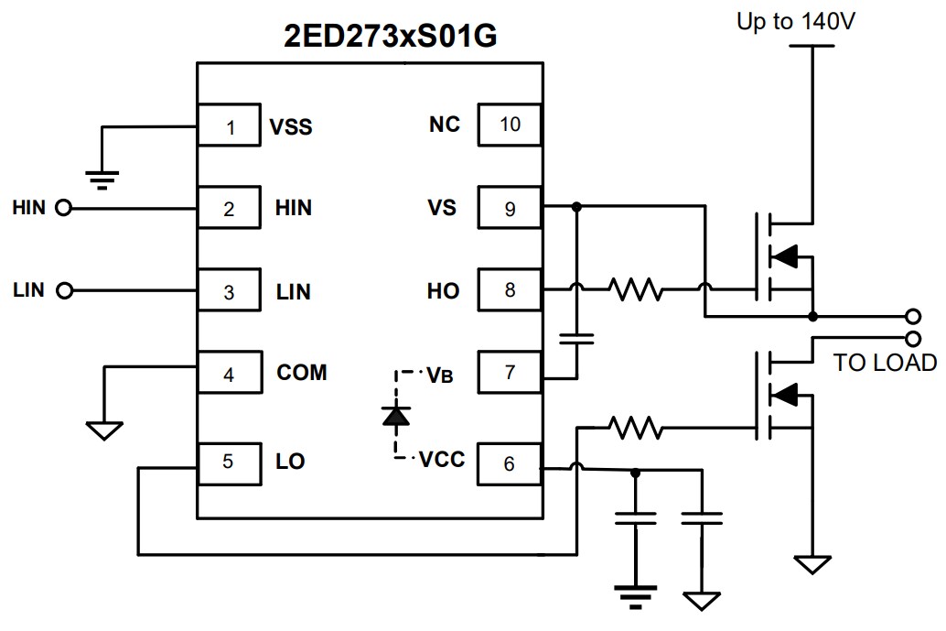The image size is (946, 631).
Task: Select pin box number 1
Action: pyautogui.click(x=230, y=127)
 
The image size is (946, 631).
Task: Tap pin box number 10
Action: pyautogui.click(x=510, y=124)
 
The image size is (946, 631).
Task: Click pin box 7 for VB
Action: pyautogui.click(x=510, y=372)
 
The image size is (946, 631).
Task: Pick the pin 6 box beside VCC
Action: pyautogui.click(x=510, y=464)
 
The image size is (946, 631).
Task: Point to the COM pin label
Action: pyautogui.click(x=302, y=373)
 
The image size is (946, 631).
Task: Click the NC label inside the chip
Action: pyautogui.click(x=445, y=124)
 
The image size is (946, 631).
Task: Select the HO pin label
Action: pyautogui.click(x=444, y=291)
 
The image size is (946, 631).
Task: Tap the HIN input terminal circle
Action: pyautogui.click(x=63, y=209)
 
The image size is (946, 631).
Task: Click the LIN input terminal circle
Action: pyautogui.click(x=63, y=291)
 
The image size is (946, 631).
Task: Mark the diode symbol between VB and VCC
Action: pyautogui.click(x=396, y=416)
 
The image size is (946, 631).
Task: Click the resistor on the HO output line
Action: pyautogui.click(x=638, y=291)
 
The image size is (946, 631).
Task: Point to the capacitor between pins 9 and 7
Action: pyautogui.click(x=576, y=339)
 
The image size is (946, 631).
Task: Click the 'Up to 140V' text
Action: pyautogui.click(x=796, y=22)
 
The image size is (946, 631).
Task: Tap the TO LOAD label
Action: pyautogui.click(x=884, y=363)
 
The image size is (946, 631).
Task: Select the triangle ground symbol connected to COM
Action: pyautogui.click(x=104, y=429)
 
